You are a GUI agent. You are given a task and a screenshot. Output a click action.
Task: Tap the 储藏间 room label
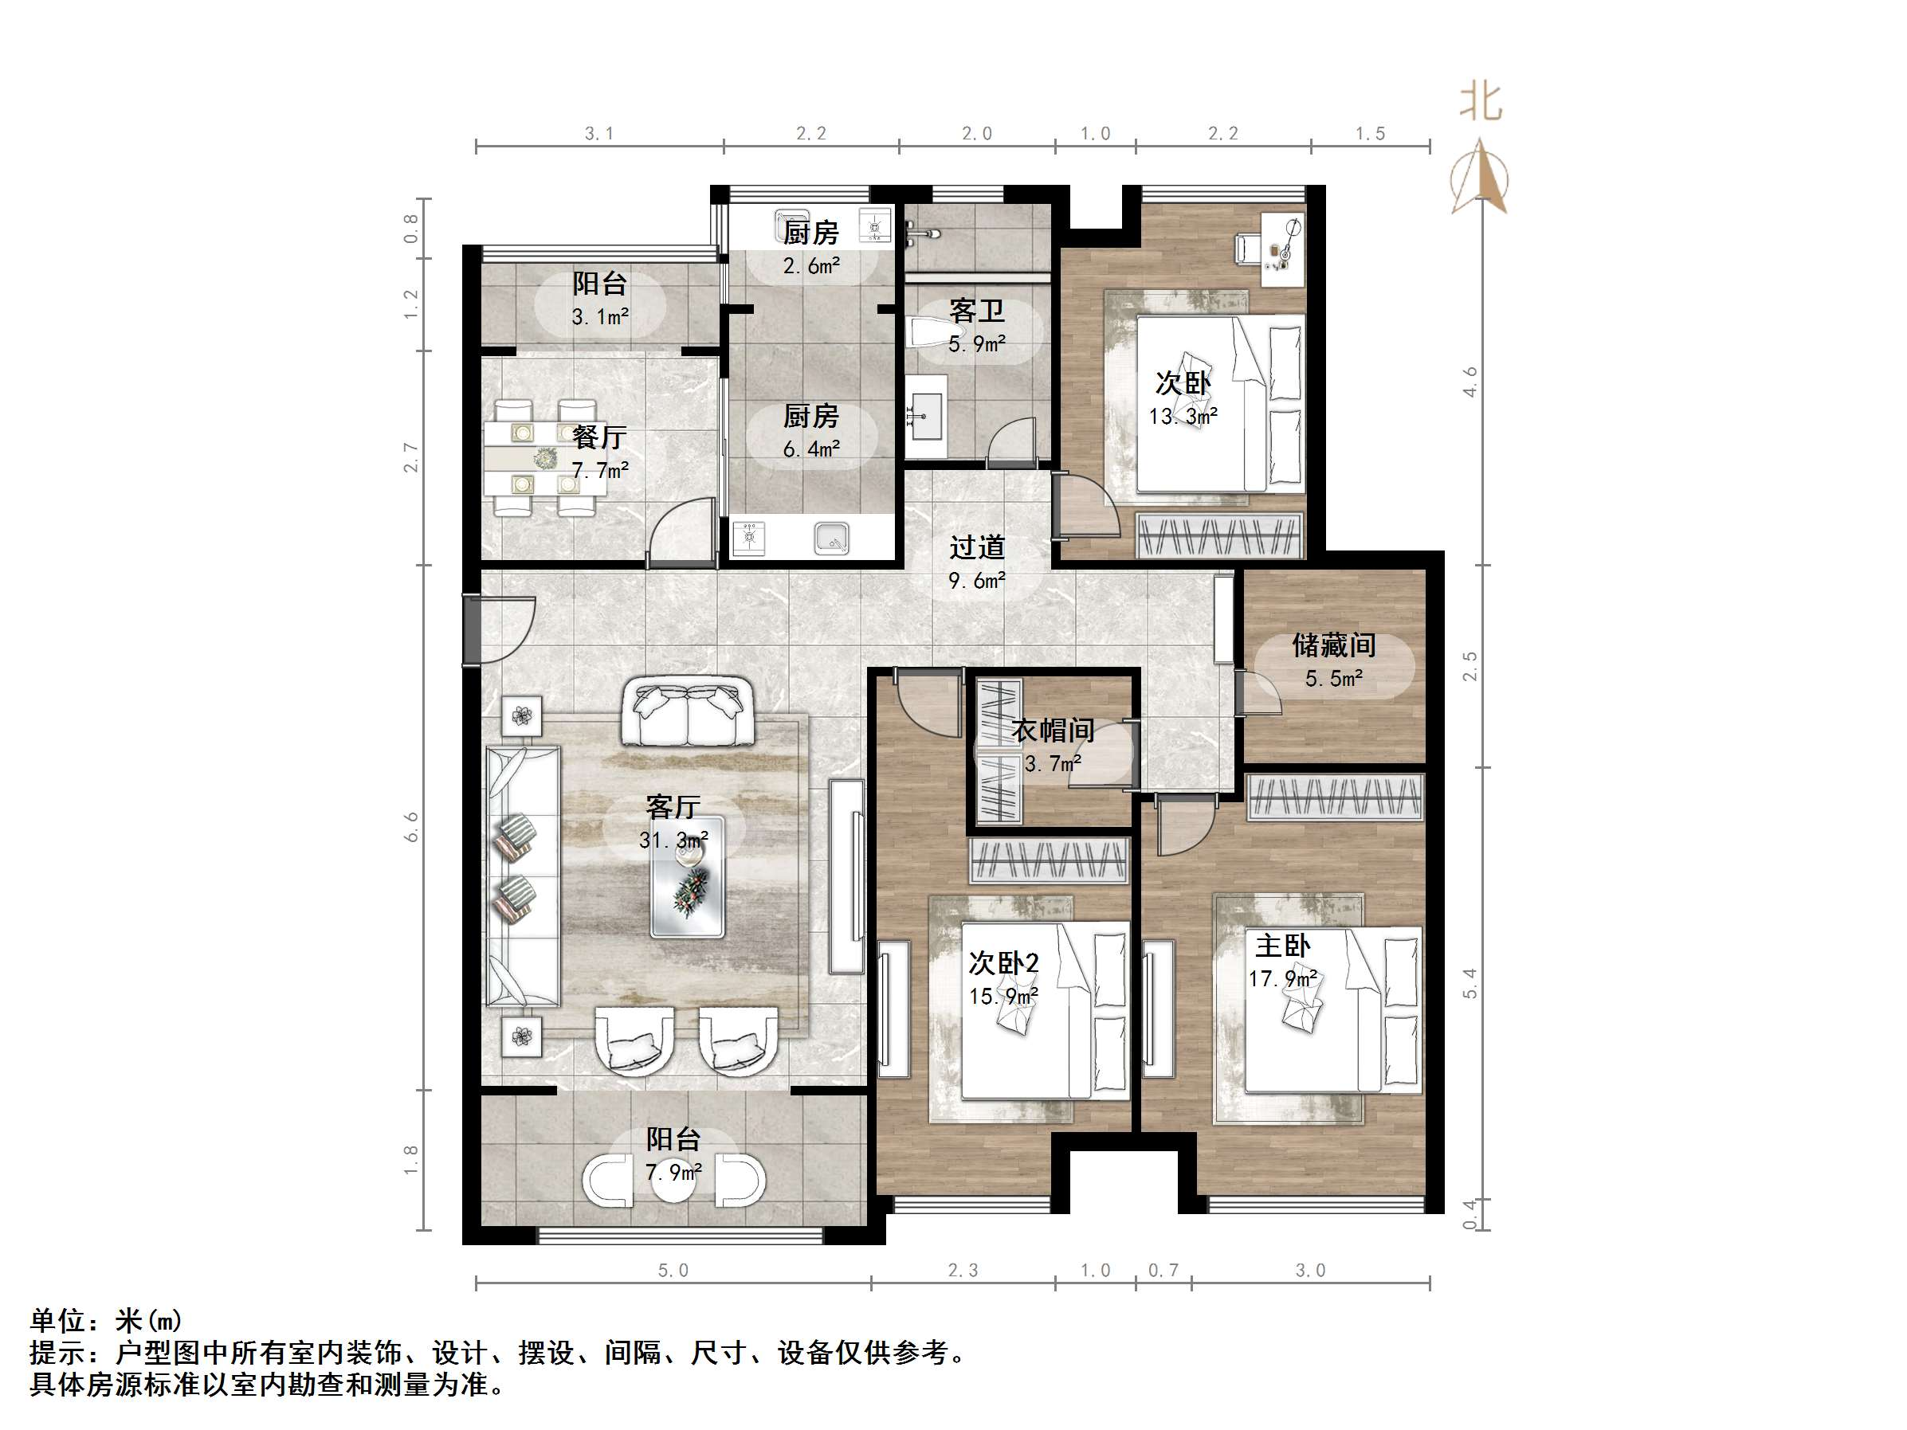(1334, 644)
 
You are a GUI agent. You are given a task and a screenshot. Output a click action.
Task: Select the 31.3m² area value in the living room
(673, 840)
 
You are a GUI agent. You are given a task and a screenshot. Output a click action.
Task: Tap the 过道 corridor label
(977, 547)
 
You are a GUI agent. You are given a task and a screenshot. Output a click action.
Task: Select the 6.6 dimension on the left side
(412, 827)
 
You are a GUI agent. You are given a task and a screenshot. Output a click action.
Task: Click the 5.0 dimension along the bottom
(673, 1271)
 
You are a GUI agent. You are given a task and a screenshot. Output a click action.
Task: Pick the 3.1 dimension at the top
(599, 134)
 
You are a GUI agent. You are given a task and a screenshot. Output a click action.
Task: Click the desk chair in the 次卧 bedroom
(1247, 249)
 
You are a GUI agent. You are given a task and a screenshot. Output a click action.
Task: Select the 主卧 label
(1282, 946)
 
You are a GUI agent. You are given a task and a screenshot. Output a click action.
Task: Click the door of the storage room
(1258, 694)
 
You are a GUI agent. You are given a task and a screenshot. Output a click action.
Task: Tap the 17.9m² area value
(1283, 978)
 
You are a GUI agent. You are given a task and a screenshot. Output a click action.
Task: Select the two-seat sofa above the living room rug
(687, 711)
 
